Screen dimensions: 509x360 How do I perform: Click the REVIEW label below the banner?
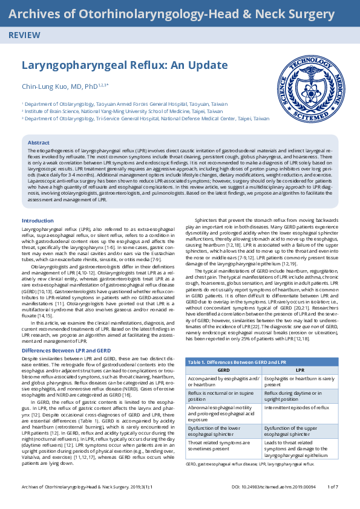(24, 36)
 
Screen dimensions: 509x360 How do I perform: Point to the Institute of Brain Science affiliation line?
(122, 112)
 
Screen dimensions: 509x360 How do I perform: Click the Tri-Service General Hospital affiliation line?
(145, 119)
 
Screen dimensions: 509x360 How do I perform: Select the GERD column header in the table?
(223, 369)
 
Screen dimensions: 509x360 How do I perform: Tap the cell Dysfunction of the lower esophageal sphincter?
(221, 431)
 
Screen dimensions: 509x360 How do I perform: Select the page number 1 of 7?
(333, 503)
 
